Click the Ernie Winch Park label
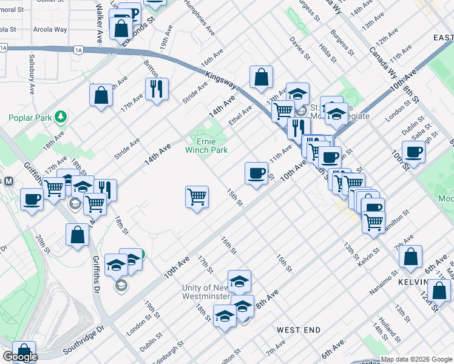point(206,145)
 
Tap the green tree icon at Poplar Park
point(60,116)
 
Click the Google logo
point(20,357)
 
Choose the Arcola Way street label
point(50,29)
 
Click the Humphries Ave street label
point(200,16)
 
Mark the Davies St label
point(300,48)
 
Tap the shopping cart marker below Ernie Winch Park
point(197,197)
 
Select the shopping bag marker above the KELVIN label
point(411,257)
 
